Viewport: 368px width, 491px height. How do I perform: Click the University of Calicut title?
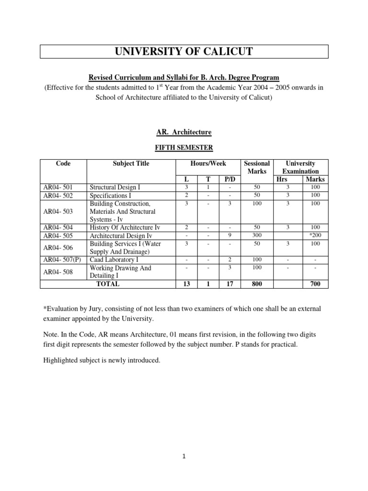pos(184,52)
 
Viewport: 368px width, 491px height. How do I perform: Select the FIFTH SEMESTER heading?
pos(184,148)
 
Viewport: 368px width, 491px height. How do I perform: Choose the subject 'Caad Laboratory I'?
pos(114,259)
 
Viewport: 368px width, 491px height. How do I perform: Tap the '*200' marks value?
pos(315,235)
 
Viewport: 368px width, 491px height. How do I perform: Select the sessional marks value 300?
pos(257,235)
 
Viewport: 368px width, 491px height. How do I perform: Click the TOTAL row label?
pos(108,284)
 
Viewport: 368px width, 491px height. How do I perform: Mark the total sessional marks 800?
pos(257,284)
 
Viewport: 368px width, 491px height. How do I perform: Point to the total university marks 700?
pos(315,284)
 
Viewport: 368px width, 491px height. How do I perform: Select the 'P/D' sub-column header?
pos(230,179)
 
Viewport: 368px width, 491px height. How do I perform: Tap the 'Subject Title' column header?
pos(131,164)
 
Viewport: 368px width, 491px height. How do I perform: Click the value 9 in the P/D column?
pos(230,235)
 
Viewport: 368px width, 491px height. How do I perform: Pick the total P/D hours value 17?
pos(230,284)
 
